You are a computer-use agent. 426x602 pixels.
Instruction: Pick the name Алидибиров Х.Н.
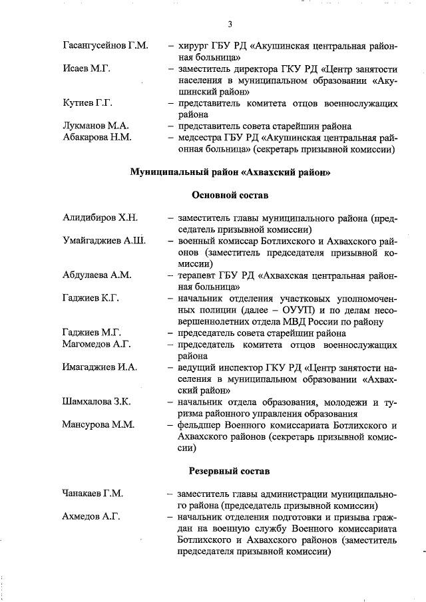tap(100, 218)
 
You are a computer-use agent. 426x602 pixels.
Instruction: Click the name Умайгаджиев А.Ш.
tap(105, 240)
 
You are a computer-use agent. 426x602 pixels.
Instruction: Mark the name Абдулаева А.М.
tap(97, 275)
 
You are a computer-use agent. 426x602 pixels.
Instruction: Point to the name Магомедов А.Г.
tap(97, 344)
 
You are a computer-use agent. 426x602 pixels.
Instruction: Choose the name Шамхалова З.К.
tap(97, 402)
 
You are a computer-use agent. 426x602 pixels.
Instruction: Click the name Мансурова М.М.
tap(97, 425)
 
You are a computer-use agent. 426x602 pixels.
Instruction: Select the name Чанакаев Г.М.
tap(93, 494)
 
